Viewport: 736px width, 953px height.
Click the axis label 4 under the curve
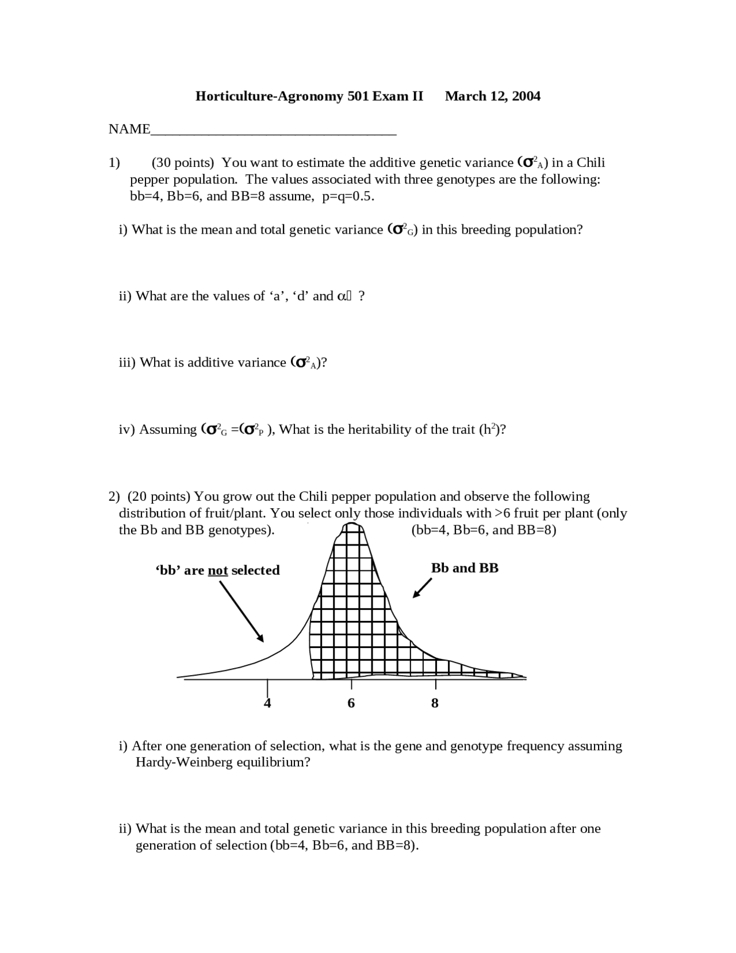[267, 703]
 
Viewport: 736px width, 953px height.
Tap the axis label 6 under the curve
[351, 703]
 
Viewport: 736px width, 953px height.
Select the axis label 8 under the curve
[435, 703]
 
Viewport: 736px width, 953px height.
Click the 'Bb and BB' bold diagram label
[465, 568]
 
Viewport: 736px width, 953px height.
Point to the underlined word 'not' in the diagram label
[218, 570]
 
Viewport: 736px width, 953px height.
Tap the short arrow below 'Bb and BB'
[422, 588]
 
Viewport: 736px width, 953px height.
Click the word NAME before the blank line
[129, 129]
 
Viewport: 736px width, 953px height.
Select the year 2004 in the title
[526, 96]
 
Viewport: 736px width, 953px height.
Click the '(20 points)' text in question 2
[159, 497]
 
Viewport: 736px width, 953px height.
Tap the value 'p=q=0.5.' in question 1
[348, 196]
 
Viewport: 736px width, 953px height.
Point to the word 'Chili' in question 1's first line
[591, 163]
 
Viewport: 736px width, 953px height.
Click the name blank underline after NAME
[274, 134]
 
